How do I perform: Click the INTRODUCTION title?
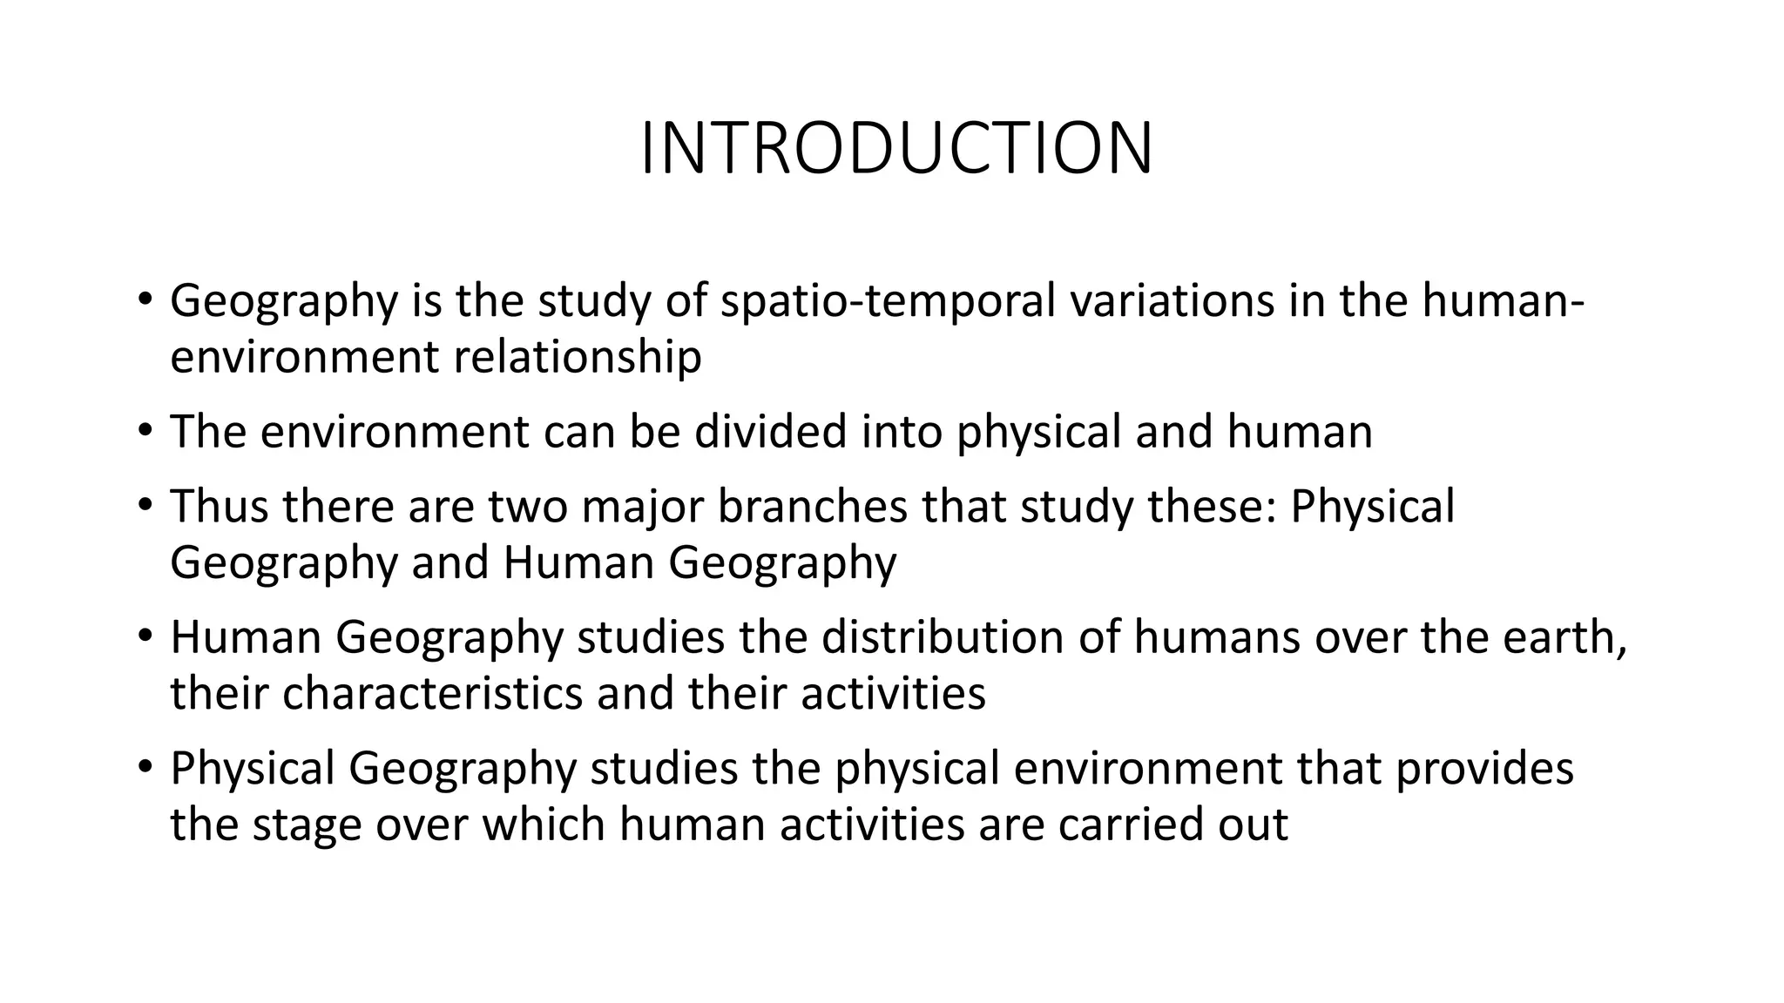(896, 149)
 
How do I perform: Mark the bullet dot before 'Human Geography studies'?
(145, 637)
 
